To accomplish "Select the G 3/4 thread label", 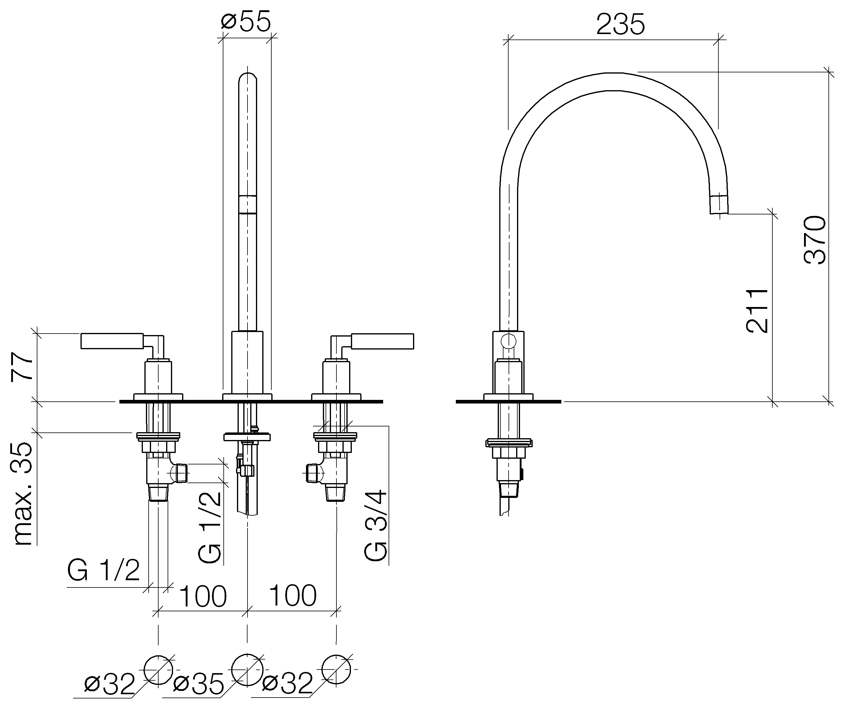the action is pos(376,525).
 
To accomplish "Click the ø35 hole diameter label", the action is pos(198,685).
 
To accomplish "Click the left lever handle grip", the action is pos(112,341).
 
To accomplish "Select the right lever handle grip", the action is pos(383,341).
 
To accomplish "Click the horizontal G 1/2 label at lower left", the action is pos(104,571).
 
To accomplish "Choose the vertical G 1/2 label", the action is pos(209,527).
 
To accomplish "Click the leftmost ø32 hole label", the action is pos(109,685).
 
